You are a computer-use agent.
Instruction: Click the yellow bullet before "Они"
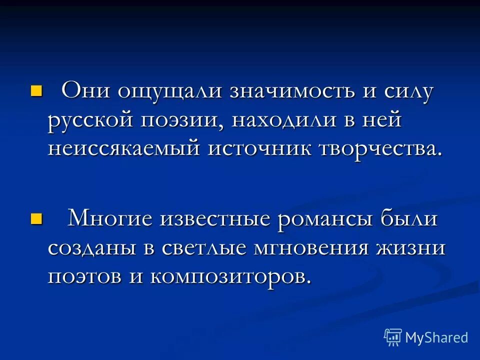(x=36, y=90)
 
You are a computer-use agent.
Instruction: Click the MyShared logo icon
(x=393, y=337)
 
